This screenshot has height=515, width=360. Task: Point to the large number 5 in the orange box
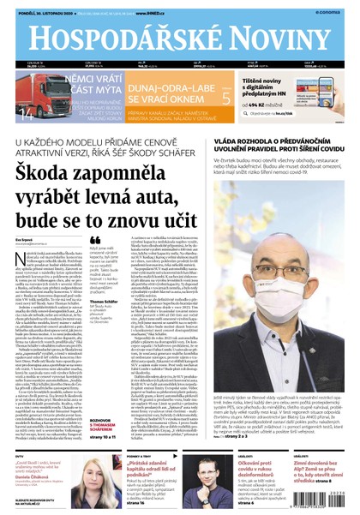(x=225, y=98)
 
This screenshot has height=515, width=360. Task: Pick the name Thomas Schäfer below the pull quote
(x=104, y=302)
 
